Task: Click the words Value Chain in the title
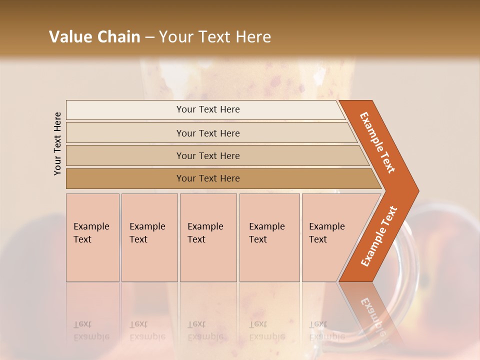coord(94,37)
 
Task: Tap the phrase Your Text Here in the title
coord(215,37)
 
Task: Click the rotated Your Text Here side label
coord(57,143)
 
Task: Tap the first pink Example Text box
coord(92,237)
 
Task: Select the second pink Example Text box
coord(149,237)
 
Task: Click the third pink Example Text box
coord(208,237)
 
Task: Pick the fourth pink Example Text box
coord(269,237)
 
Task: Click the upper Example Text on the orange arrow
coord(377,142)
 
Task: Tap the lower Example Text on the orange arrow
coord(379,236)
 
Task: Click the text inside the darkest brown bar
coord(208,178)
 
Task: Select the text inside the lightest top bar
coord(208,109)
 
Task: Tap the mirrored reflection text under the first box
coord(91,330)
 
